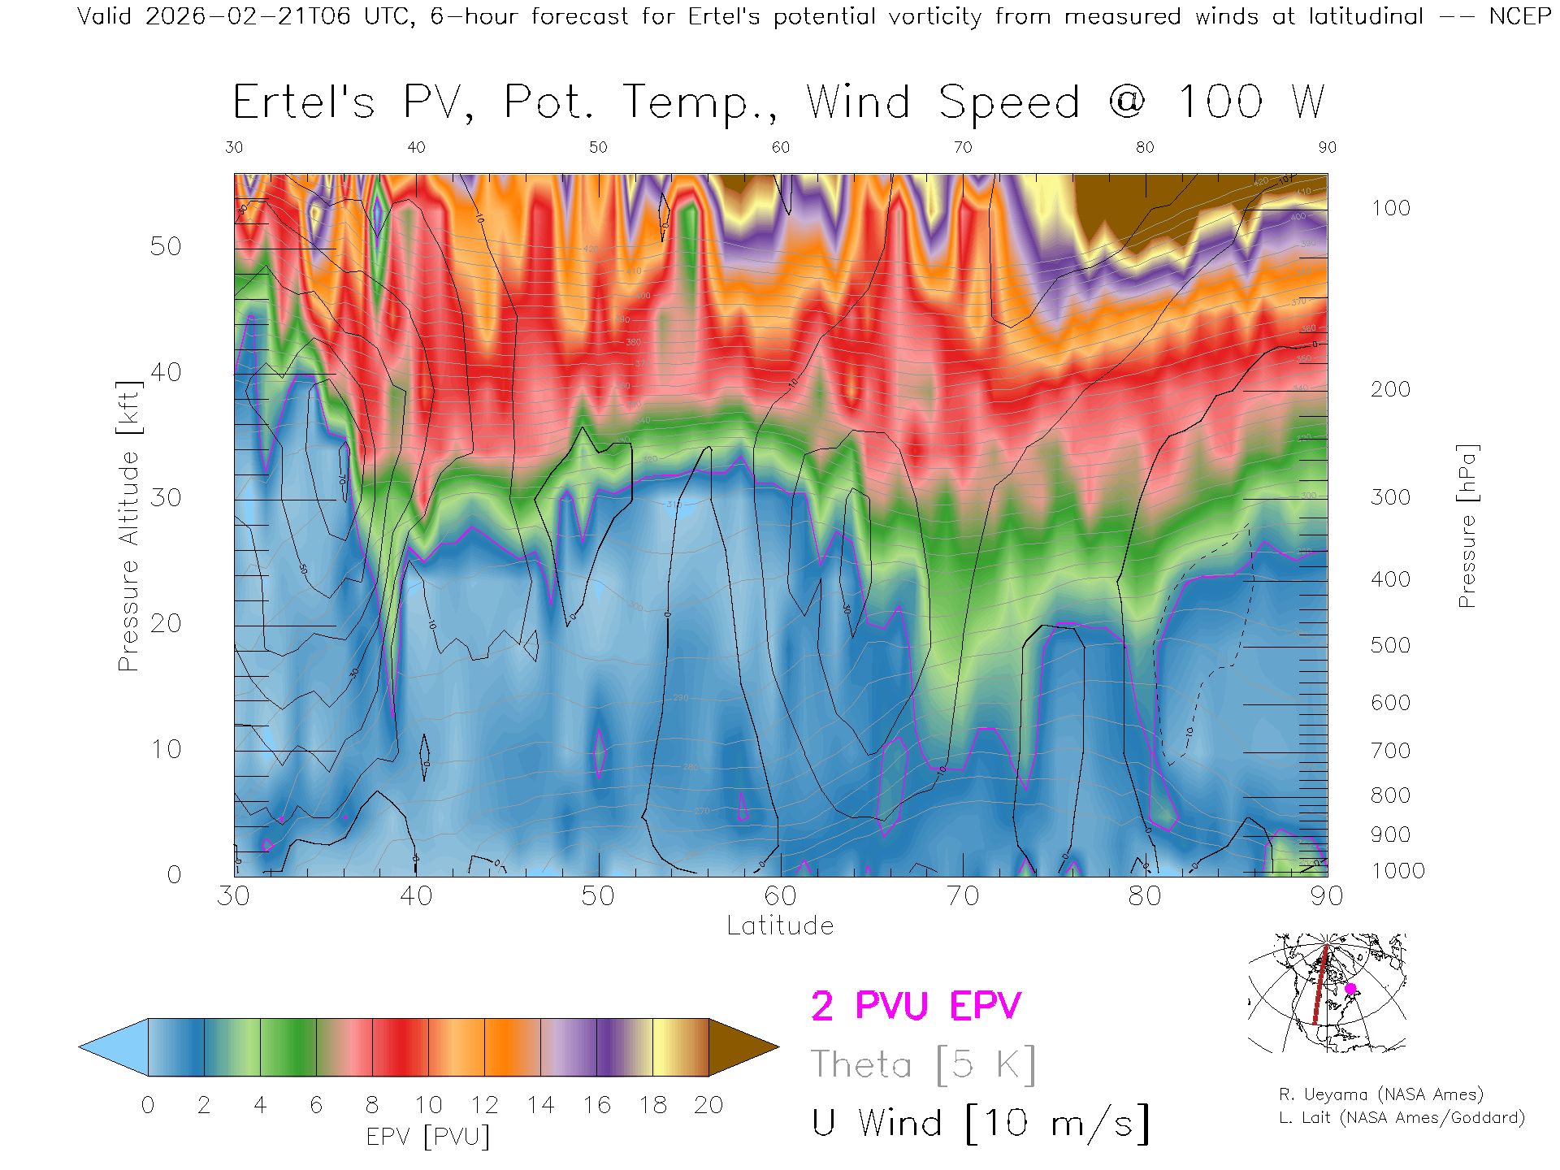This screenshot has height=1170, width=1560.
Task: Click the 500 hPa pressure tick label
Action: pyautogui.click(x=1390, y=645)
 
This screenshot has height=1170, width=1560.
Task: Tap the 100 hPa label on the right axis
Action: pyautogui.click(x=1390, y=208)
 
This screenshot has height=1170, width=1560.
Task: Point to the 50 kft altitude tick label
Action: pyautogui.click(x=165, y=246)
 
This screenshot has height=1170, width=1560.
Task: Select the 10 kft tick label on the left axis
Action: pyautogui.click(x=165, y=749)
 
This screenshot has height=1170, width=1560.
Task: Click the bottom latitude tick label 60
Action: pyautogui.click(x=780, y=895)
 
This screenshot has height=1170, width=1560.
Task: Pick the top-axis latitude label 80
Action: pyautogui.click(x=1144, y=147)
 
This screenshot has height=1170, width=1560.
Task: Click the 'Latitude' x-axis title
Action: pyautogui.click(x=780, y=925)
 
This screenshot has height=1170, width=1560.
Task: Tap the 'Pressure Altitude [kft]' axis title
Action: pyautogui.click(x=128, y=526)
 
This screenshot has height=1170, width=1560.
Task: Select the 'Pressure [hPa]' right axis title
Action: pyautogui.click(x=1467, y=526)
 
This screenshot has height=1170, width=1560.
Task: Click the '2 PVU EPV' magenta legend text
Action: pyautogui.click(x=916, y=1006)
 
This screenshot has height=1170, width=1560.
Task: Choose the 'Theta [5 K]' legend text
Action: pyautogui.click(x=923, y=1064)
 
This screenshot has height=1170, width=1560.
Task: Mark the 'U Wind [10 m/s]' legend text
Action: pyautogui.click(x=980, y=1123)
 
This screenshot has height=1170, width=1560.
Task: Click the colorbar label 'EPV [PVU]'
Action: pyautogui.click(x=428, y=1136)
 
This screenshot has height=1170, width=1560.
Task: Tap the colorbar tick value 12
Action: pyautogui.click(x=484, y=1105)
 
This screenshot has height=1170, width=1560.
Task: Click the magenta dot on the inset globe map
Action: pyautogui.click(x=1350, y=989)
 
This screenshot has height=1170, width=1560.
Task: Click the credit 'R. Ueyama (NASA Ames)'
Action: pyautogui.click(x=1380, y=1094)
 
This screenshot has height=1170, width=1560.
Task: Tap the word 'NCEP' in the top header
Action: pyautogui.click(x=1519, y=16)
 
